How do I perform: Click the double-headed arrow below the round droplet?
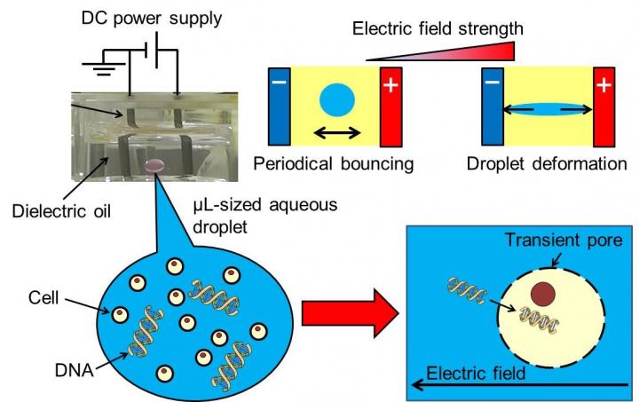tap(335, 133)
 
